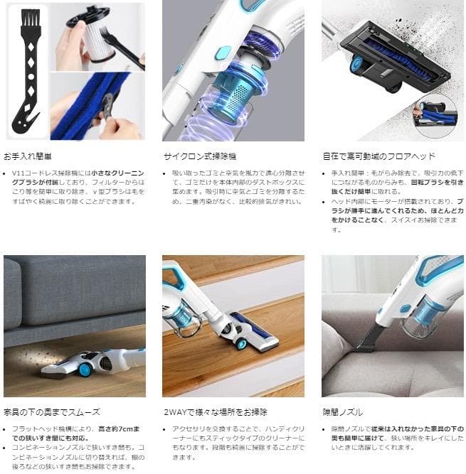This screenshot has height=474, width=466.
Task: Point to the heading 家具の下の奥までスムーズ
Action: tap(52, 411)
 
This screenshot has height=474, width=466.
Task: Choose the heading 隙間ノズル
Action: tap(342, 411)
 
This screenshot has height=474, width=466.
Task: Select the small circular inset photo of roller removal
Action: tap(435, 114)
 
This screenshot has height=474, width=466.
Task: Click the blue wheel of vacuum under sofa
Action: tap(85, 369)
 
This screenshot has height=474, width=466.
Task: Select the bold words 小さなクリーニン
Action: tap(117, 174)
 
